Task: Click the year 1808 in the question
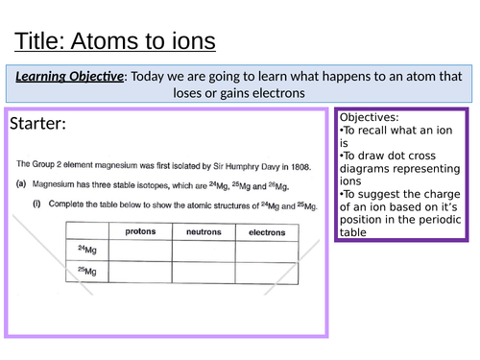[x=299, y=164]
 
